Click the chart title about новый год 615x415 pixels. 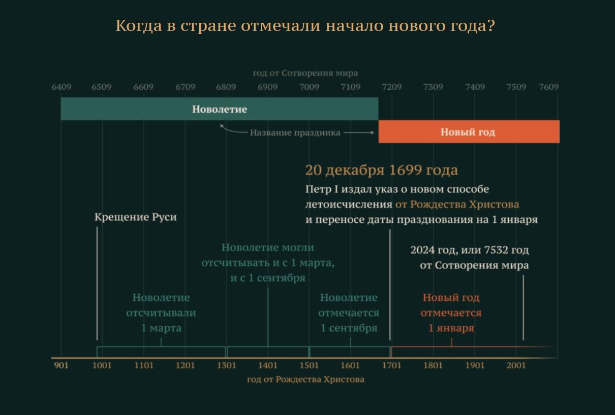(305, 26)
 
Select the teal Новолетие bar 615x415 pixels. (220, 109)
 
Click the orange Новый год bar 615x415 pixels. (469, 131)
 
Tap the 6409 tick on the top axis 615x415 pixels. (61, 87)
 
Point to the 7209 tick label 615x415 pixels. (392, 87)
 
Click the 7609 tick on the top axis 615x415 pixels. (548, 87)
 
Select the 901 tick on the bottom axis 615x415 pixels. (61, 365)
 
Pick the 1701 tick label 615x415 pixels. (392, 365)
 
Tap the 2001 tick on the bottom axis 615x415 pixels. (516, 365)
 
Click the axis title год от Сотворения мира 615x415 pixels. (305, 73)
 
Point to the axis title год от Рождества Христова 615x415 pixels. (305, 379)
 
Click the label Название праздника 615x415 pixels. (295, 133)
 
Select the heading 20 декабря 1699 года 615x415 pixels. (382, 170)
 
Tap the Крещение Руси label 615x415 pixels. (136, 217)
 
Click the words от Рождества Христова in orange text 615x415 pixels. (457, 204)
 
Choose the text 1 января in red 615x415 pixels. (451, 328)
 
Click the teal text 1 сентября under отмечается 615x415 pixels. (349, 328)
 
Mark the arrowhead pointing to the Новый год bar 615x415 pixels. (372, 133)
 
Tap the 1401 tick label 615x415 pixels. (268, 365)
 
